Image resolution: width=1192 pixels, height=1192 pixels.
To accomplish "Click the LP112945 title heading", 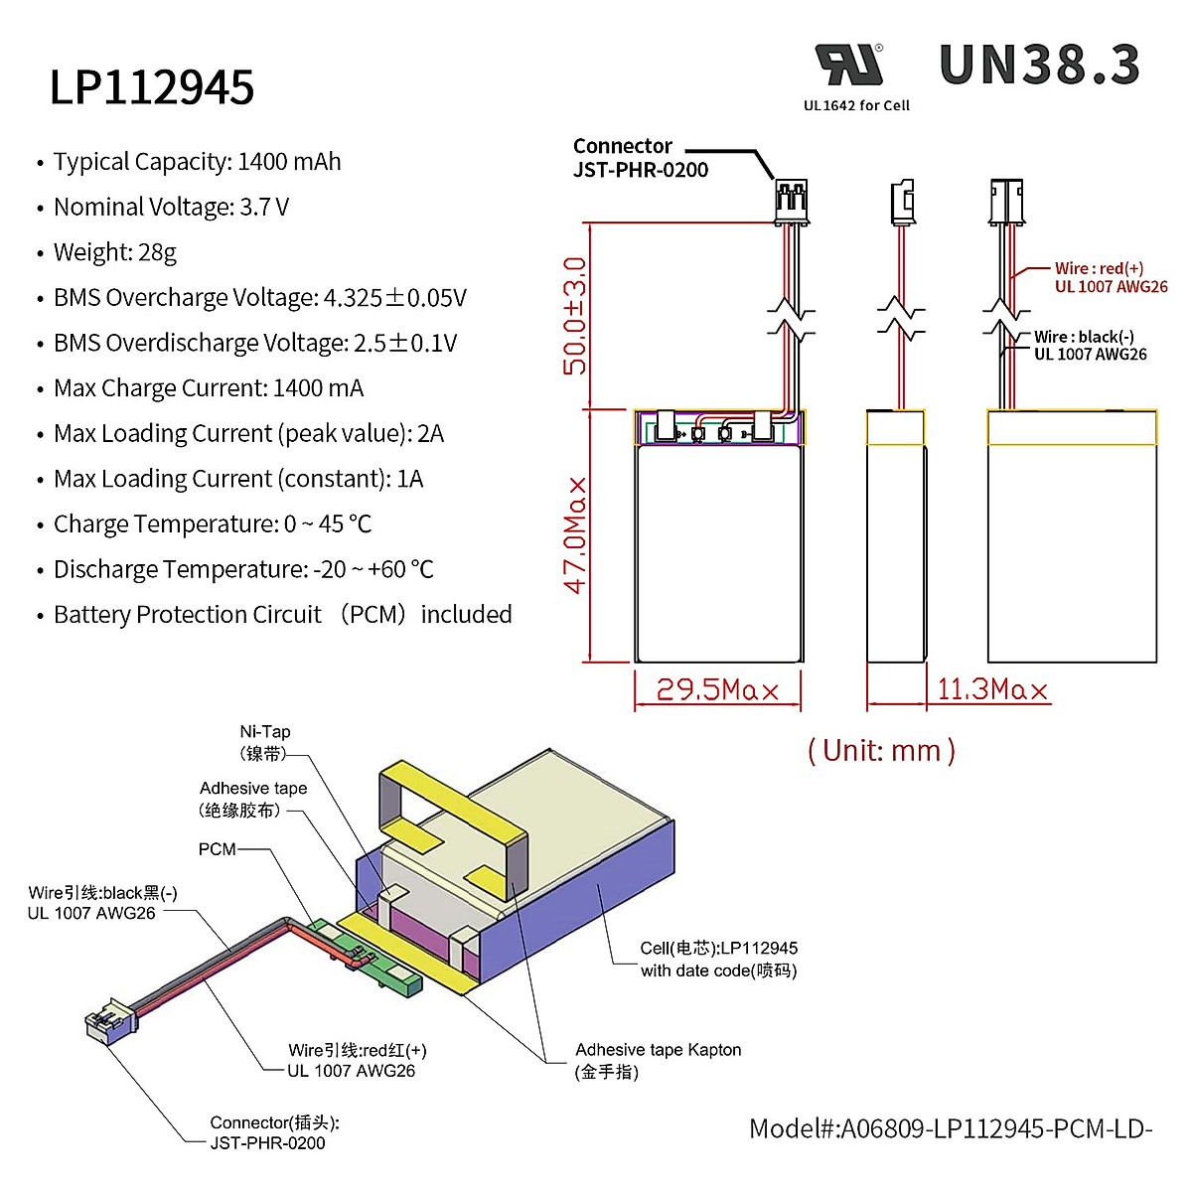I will (x=152, y=87).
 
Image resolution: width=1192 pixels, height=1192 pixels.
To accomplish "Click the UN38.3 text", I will (x=1039, y=66).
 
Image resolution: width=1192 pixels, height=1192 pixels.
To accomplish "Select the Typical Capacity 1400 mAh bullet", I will (x=197, y=162).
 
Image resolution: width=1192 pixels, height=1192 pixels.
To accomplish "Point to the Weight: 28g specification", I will (x=115, y=252).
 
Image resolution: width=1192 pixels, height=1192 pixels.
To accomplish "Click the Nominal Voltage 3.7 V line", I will (x=171, y=208).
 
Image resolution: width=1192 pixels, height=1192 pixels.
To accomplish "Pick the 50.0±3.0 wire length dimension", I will (x=575, y=316).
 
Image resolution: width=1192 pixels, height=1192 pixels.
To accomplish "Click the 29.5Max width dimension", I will (x=717, y=689).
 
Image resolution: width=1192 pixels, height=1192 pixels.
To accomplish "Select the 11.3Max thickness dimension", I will (x=992, y=689).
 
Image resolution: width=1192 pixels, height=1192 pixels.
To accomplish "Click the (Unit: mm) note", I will (x=881, y=750).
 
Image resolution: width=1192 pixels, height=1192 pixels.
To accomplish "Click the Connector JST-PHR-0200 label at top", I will (x=640, y=158).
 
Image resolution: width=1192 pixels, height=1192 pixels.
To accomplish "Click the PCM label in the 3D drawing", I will (x=217, y=849).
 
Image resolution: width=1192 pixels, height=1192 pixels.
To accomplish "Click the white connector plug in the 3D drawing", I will (x=105, y=1024).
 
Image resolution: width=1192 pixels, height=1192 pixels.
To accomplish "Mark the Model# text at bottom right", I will (x=950, y=1128).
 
